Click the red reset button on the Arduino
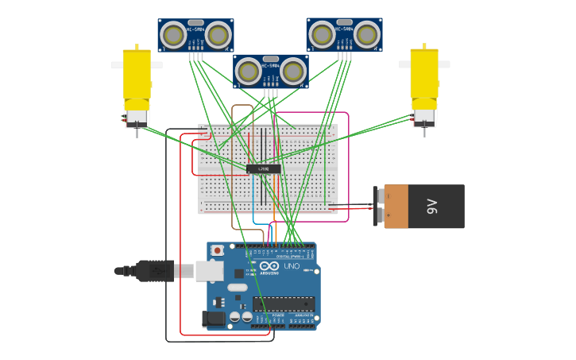point(217,250)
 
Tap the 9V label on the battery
point(432,207)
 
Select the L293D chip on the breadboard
point(263,168)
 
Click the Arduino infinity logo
point(269,266)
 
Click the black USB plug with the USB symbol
point(155,271)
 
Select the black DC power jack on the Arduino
point(213,319)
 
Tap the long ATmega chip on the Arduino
point(283,304)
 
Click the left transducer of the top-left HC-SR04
point(173,35)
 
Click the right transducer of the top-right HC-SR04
point(366,35)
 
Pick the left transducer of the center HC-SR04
point(249,72)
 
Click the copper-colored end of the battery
point(395,207)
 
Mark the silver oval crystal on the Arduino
point(238,287)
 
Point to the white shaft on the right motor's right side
point(444,64)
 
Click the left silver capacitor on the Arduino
point(234,316)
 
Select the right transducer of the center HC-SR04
point(292,72)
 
